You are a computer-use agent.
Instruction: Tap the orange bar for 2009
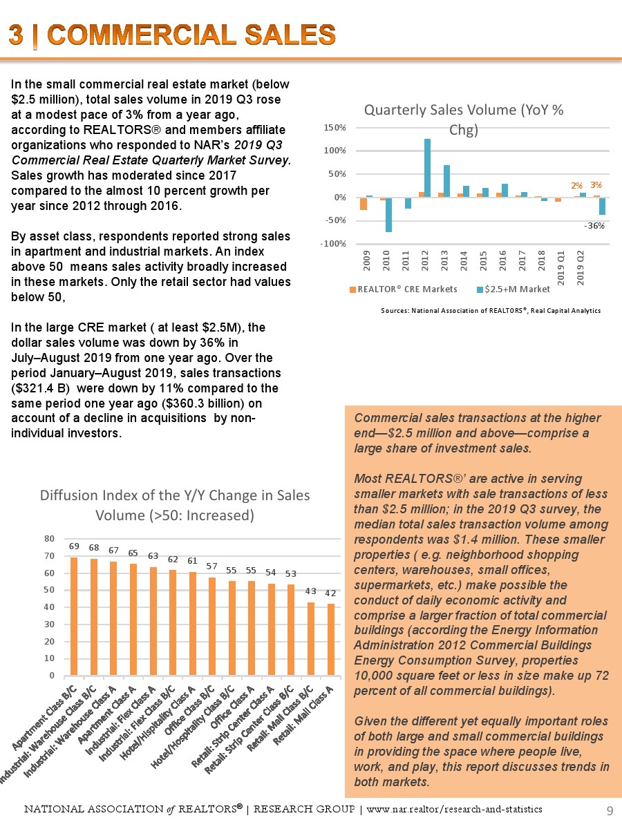click(364, 203)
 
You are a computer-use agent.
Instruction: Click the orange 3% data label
click(596, 185)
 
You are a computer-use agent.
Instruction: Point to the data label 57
click(212, 566)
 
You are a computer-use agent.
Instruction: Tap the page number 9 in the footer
click(610, 810)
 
